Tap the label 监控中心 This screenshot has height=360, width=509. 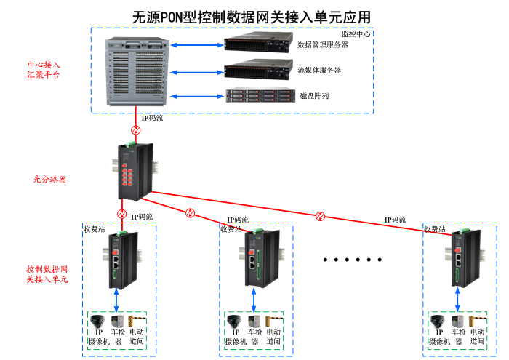coord(356,34)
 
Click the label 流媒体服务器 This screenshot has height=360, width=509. coord(319,71)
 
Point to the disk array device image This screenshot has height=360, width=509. coord(258,95)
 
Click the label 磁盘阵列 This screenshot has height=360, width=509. coord(314,95)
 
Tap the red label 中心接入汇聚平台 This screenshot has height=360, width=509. coord(44,70)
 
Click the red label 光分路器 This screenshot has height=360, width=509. coord(49,179)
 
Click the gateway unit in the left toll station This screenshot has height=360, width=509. coord(118,260)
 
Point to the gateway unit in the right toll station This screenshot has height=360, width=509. coord(460,260)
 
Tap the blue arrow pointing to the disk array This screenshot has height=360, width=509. coord(198,95)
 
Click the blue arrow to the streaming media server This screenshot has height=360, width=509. coord(198,71)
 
